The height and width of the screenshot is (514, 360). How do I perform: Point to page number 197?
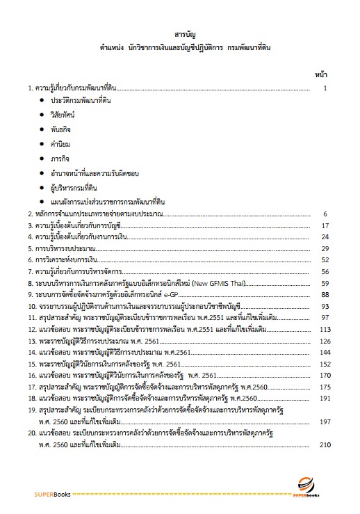(322, 420)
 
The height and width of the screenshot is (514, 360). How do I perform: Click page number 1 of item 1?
(325, 88)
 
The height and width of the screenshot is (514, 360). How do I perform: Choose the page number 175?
(322, 387)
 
